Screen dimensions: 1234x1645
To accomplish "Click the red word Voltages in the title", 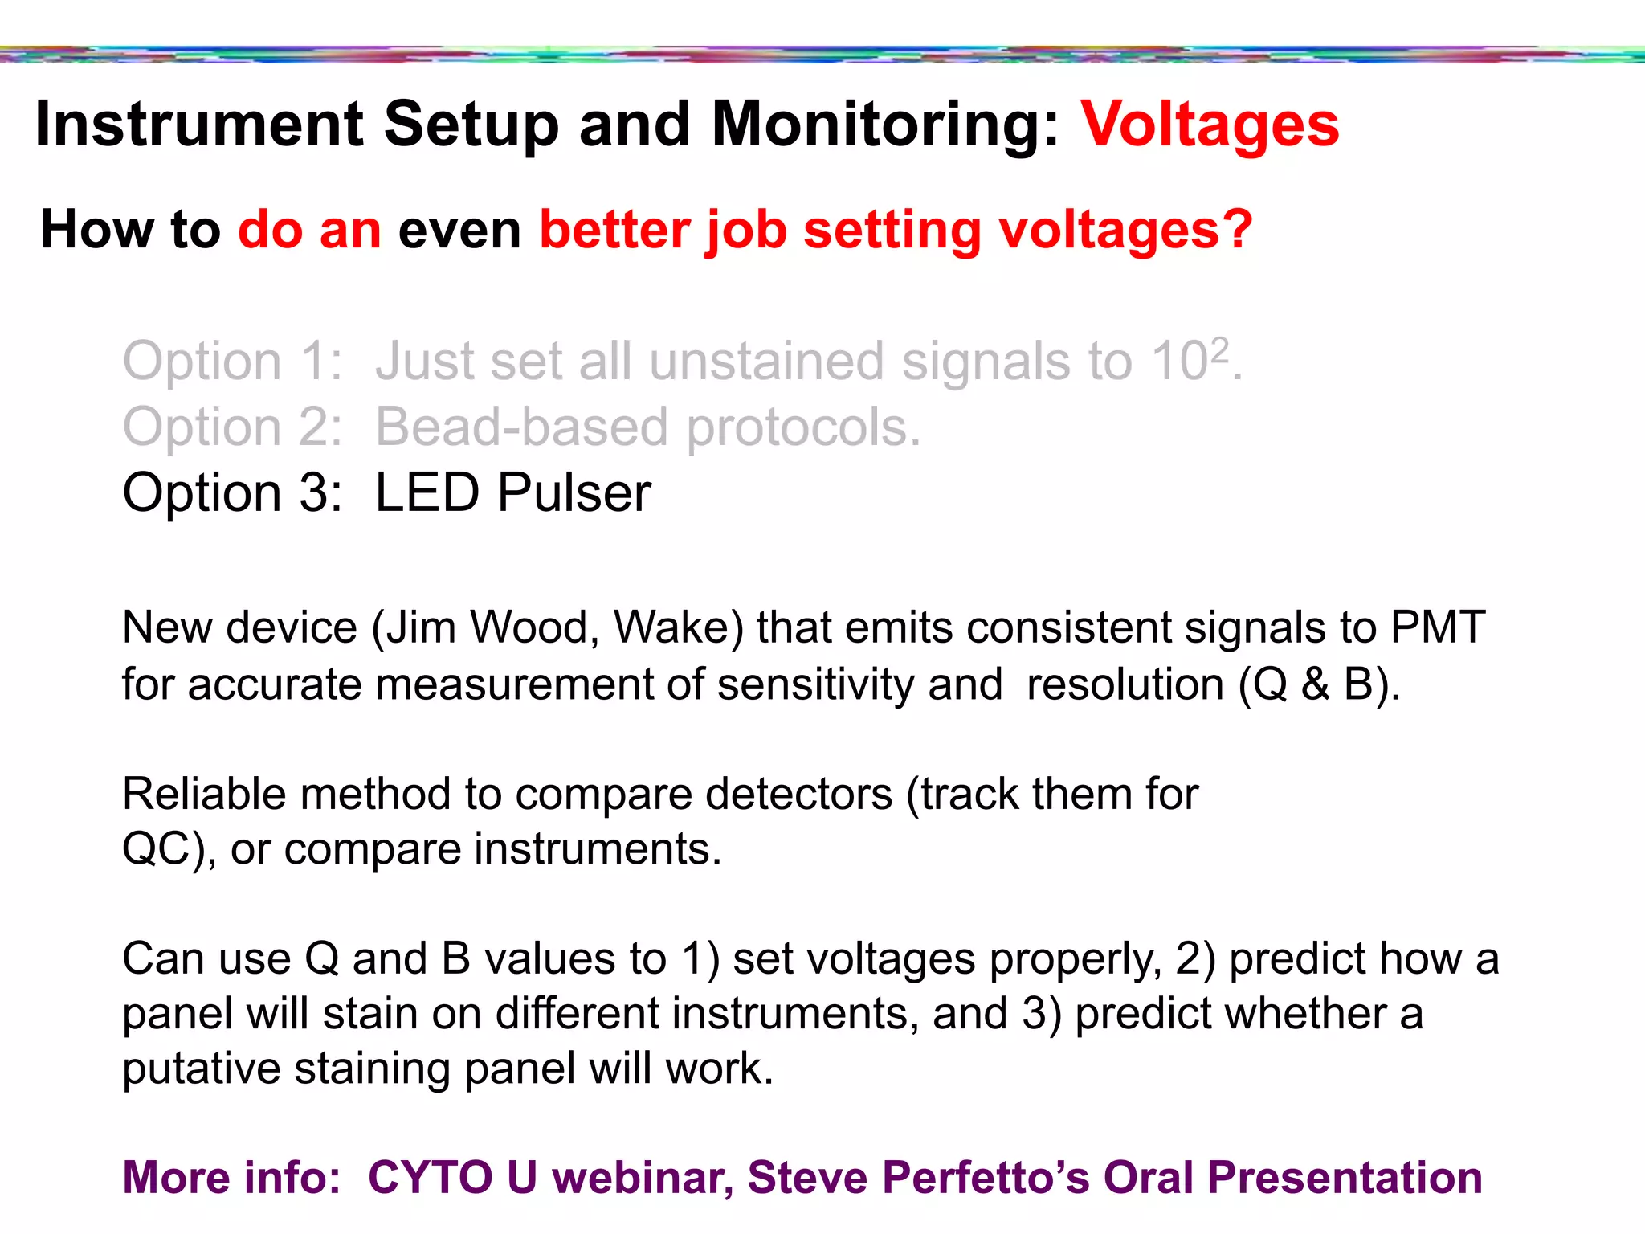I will click(x=1210, y=125).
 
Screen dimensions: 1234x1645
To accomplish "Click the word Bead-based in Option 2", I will click(x=521, y=427).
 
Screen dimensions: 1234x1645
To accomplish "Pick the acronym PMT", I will click(x=1438, y=627).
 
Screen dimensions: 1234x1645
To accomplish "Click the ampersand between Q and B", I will click(x=1316, y=684).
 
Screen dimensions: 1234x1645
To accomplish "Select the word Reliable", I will click(x=204, y=794).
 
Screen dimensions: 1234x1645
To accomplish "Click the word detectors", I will click(x=798, y=794).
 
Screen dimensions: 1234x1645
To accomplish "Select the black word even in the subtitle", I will click(x=459, y=230).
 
